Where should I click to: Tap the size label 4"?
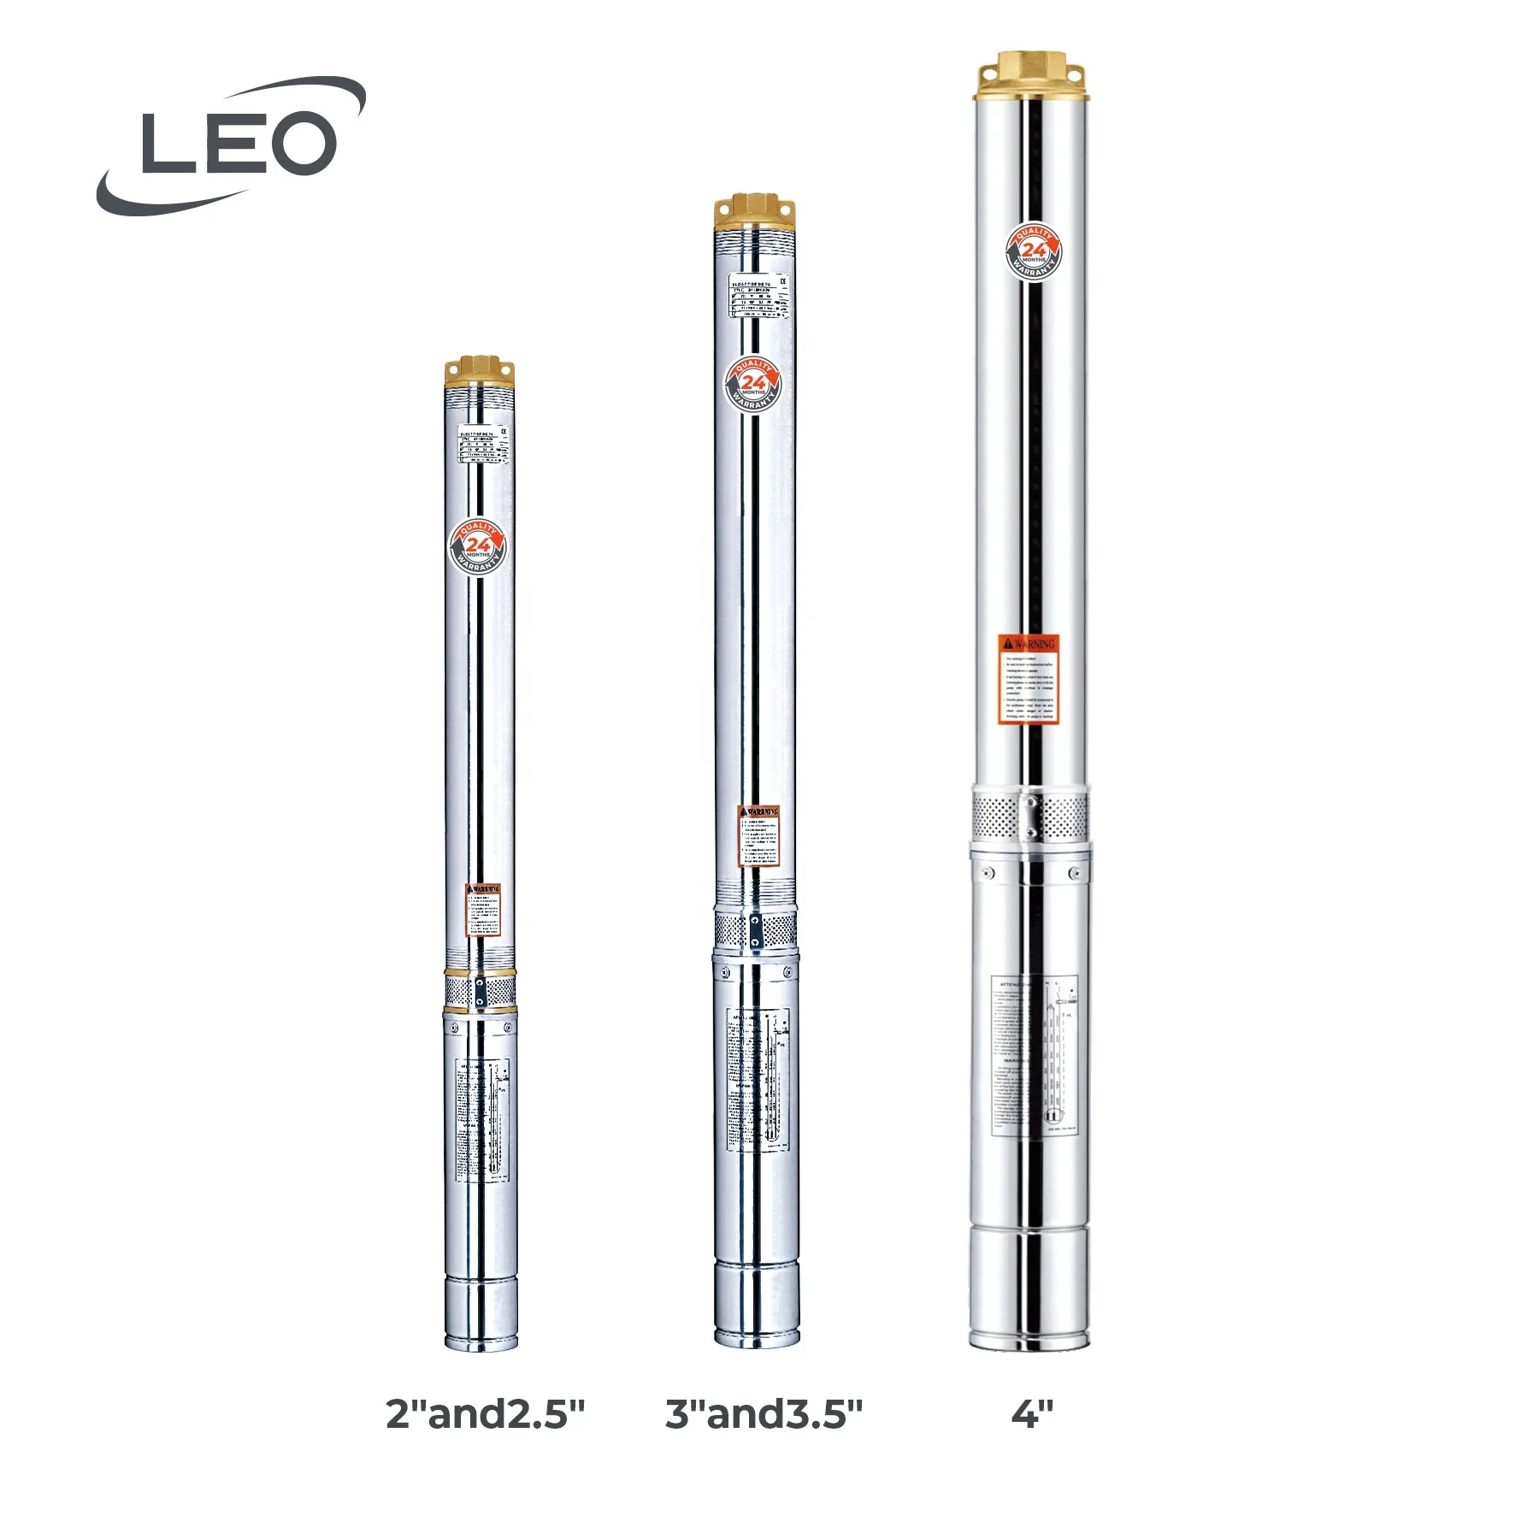1031,1414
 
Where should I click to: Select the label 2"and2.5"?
485,1414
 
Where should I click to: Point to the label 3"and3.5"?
764,1414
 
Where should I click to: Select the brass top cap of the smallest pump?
480,371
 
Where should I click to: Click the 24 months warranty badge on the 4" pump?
1033,251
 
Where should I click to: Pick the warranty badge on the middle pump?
753,383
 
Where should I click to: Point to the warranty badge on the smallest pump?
478,546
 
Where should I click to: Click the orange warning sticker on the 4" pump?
1029,679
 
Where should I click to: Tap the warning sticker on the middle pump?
759,835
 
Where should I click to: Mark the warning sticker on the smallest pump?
483,910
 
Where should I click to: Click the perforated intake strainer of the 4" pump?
1030,816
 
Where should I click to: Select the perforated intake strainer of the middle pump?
756,929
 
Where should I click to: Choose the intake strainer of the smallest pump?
480,992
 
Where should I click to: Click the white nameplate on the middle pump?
758,296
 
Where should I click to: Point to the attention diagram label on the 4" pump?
1034,1055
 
